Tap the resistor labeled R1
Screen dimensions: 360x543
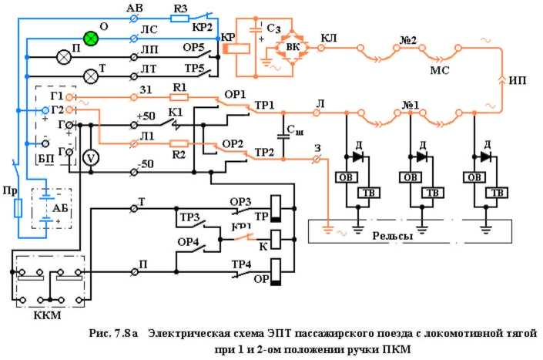point(179,98)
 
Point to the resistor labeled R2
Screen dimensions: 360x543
point(179,143)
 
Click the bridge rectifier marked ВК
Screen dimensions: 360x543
point(292,45)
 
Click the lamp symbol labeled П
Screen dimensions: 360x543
point(64,56)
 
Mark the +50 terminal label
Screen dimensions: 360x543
point(146,116)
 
